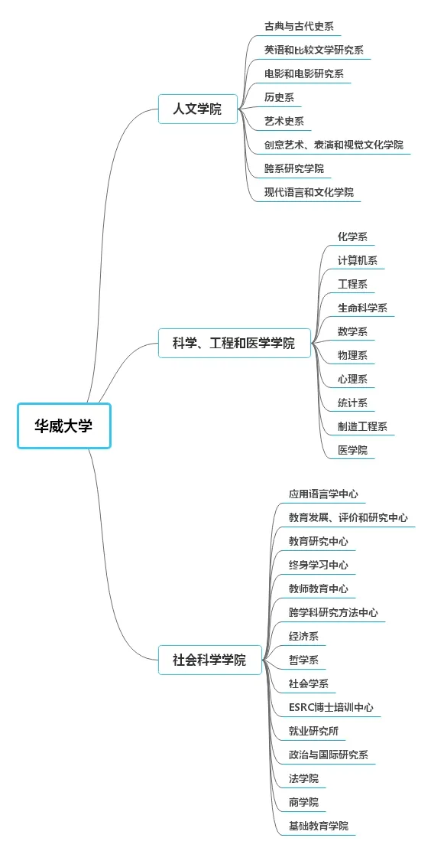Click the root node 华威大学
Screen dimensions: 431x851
coord(64,425)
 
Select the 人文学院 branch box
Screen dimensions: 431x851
coord(198,109)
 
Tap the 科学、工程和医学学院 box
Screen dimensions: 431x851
coord(235,343)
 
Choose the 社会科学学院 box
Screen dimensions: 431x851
coord(210,660)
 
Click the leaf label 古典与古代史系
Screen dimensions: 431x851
coord(295,26)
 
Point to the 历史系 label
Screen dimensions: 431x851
coord(279,97)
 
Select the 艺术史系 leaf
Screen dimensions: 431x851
coord(284,121)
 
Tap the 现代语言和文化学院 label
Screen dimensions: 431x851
coord(309,192)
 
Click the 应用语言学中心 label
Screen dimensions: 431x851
coord(324,494)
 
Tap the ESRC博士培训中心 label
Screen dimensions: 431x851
coord(331,707)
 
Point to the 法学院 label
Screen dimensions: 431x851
coord(303,778)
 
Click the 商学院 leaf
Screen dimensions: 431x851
coord(303,802)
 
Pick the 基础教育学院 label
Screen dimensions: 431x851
coord(319,826)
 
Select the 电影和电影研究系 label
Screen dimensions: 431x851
coord(304,73)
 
